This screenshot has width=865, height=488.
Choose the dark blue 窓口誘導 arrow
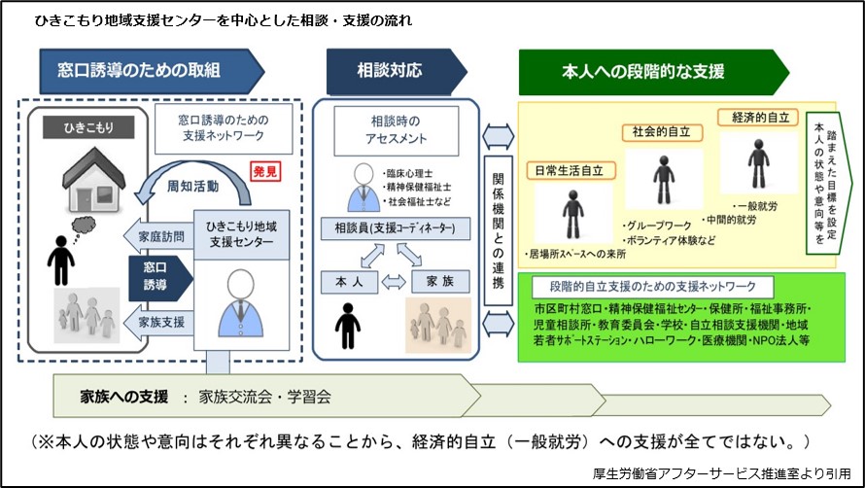pyautogui.click(x=155, y=275)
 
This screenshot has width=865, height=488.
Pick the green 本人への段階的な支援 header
pyautogui.click(x=651, y=71)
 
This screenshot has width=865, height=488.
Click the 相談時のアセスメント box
pyautogui.click(x=396, y=129)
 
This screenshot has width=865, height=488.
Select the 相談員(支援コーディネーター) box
pyautogui.click(x=396, y=230)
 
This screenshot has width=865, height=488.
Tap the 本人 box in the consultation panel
pyautogui.click(x=347, y=281)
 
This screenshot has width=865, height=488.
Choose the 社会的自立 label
pyautogui.click(x=663, y=132)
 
